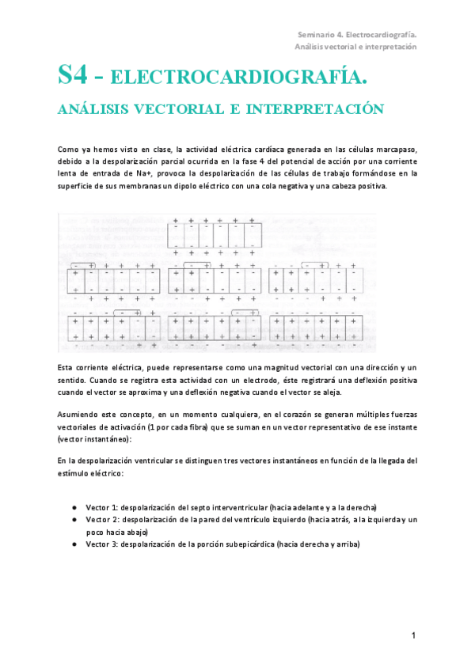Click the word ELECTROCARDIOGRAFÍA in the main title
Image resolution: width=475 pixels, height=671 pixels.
click(x=238, y=78)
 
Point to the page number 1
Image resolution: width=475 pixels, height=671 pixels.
click(x=413, y=635)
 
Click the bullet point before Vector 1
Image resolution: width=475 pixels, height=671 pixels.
click(x=74, y=507)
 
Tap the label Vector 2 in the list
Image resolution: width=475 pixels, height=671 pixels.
click(x=101, y=520)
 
